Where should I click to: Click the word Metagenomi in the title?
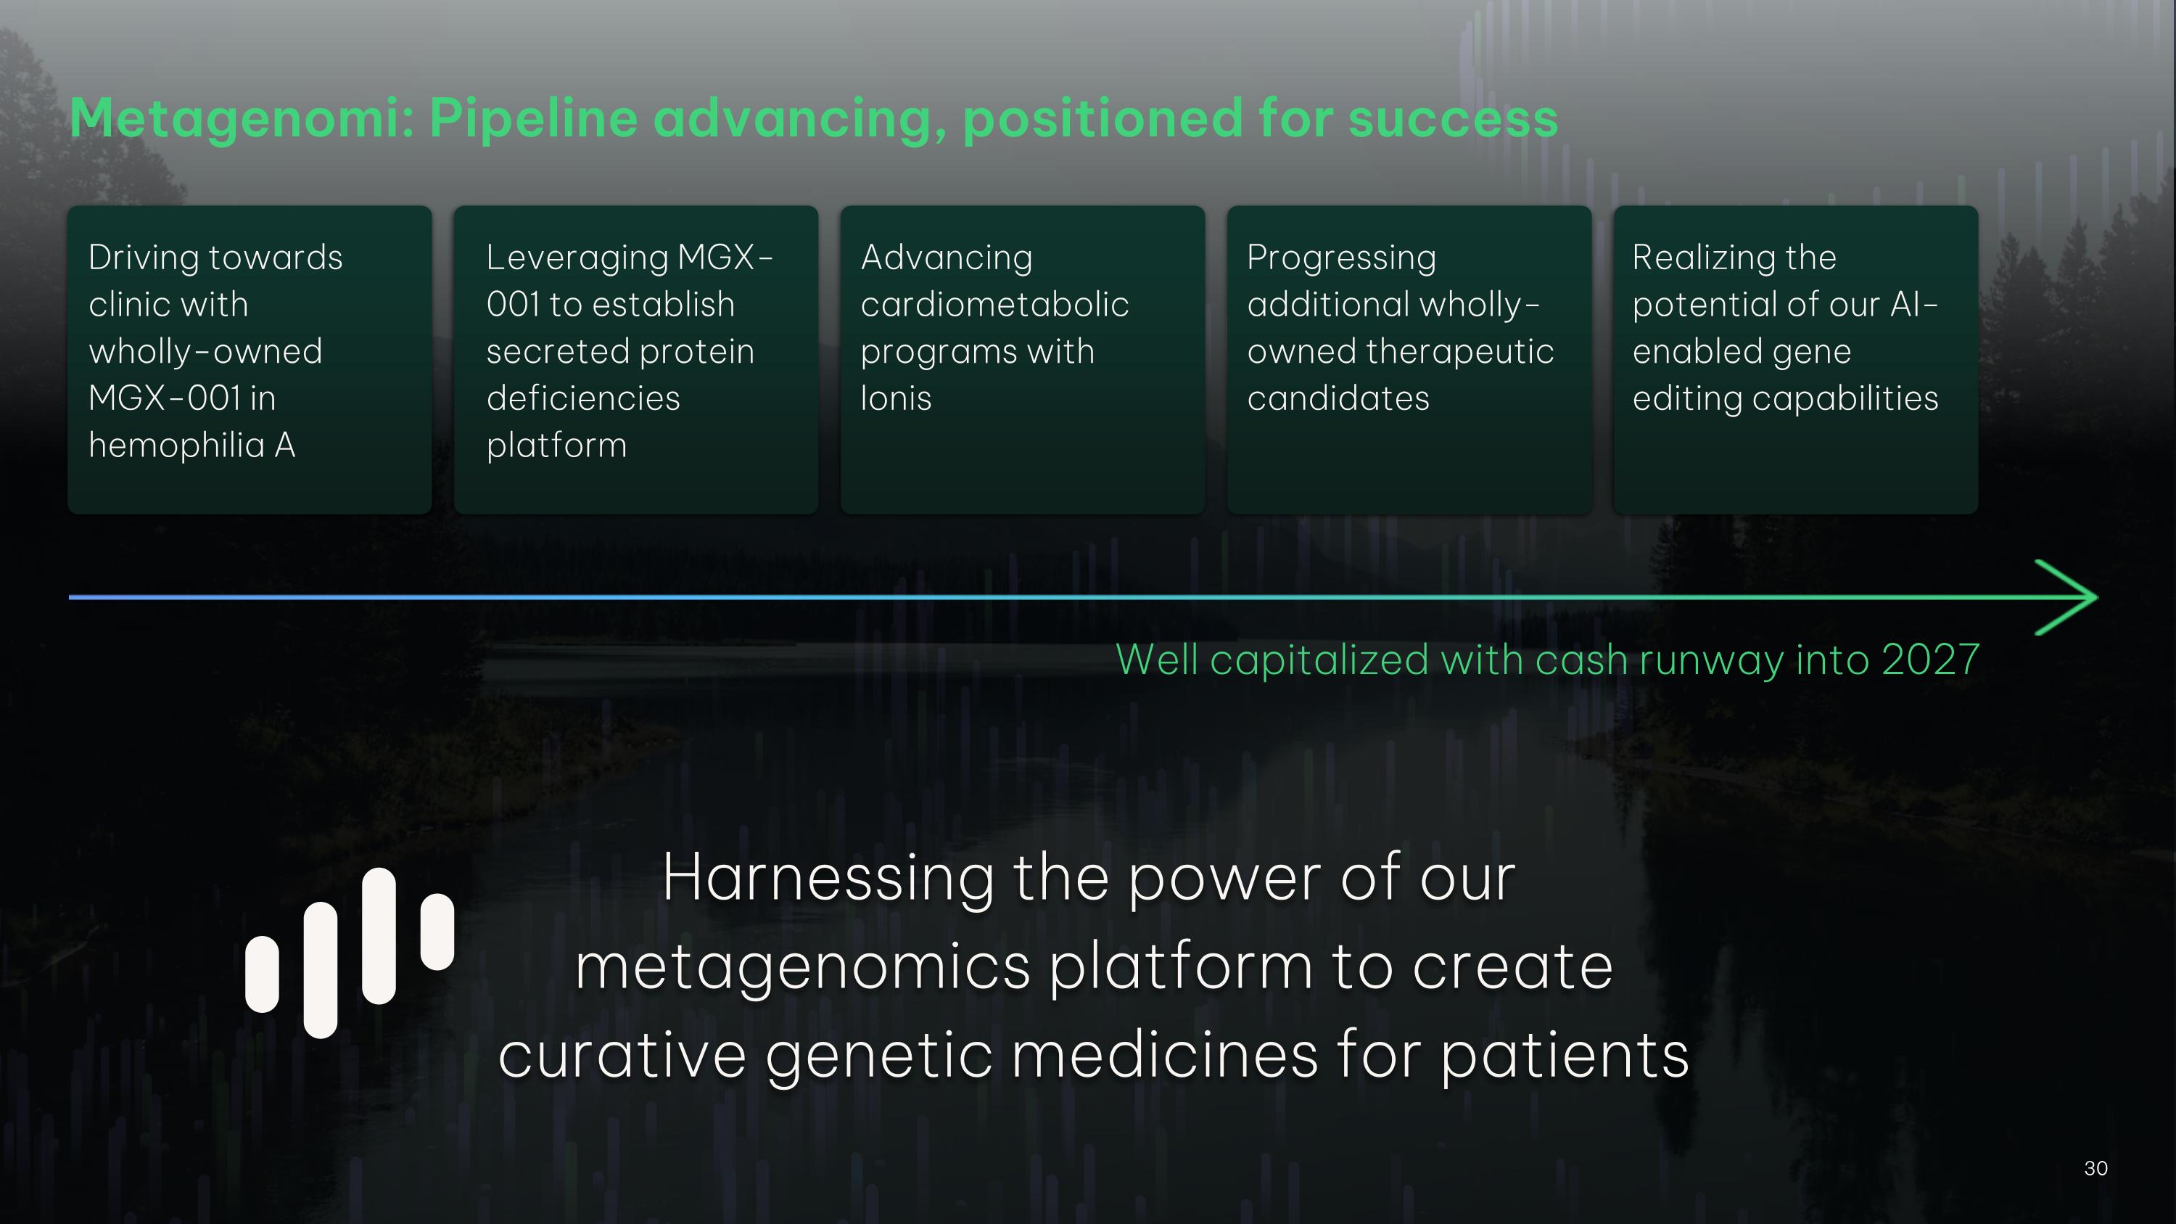pyautogui.click(x=241, y=118)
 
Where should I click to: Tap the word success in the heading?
pyautogui.click(x=1452, y=118)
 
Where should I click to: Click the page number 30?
pyautogui.click(x=2095, y=1168)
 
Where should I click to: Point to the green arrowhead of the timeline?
pyautogui.click(x=2069, y=597)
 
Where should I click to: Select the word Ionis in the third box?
pyautogui.click(x=895, y=398)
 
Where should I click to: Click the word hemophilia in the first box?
pyautogui.click(x=176, y=445)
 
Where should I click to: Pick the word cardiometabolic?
pyautogui.click(x=994, y=304)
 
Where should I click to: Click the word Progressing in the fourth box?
pyautogui.click(x=1340, y=258)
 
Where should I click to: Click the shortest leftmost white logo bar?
pyautogui.click(x=262, y=973)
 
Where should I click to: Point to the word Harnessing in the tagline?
pyautogui.click(x=828, y=879)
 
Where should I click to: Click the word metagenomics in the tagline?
pyautogui.click(x=801, y=967)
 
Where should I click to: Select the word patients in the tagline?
pyautogui.click(x=1564, y=1056)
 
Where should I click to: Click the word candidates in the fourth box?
pyautogui.click(x=1338, y=398)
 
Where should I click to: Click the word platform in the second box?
pyautogui.click(x=556, y=445)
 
